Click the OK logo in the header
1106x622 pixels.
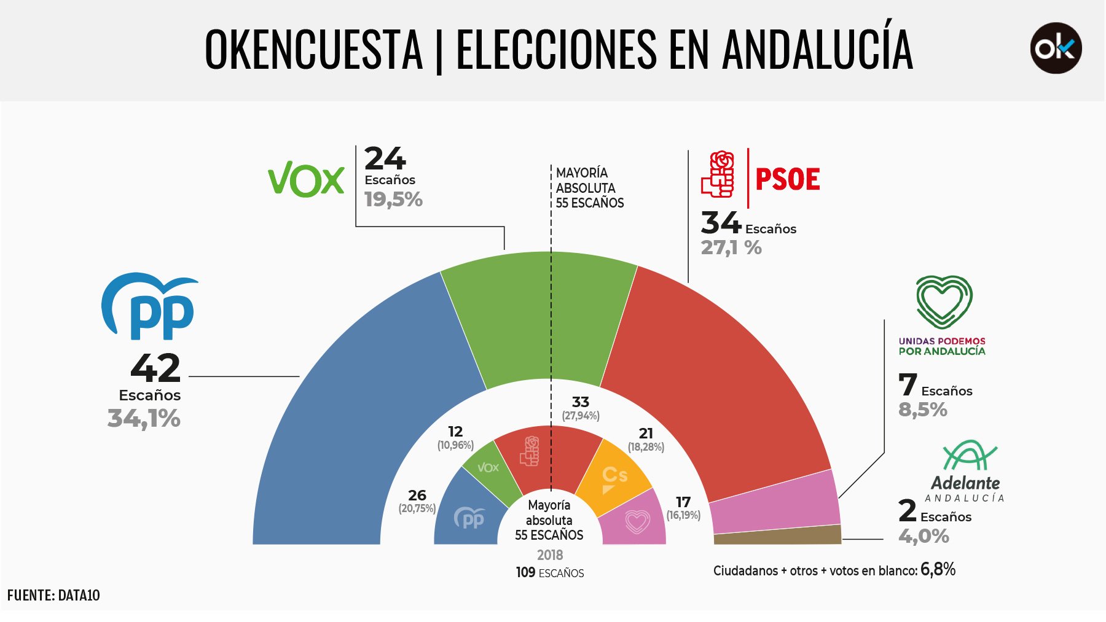(1056, 49)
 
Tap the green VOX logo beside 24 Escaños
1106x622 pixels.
(306, 179)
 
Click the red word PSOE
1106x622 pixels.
(787, 179)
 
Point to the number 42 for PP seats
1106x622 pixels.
(155, 368)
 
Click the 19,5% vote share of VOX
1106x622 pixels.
(393, 200)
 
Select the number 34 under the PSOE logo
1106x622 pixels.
(721, 223)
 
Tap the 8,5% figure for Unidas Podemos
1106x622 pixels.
(923, 410)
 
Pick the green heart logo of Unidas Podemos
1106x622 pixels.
(943, 302)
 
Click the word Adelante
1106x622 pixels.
(965, 483)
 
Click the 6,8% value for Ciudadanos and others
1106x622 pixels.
(938, 570)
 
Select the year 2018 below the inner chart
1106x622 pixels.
(550, 555)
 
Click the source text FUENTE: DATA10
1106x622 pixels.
(53, 595)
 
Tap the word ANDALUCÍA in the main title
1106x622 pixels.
(817, 49)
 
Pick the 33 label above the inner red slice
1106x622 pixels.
(581, 402)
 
